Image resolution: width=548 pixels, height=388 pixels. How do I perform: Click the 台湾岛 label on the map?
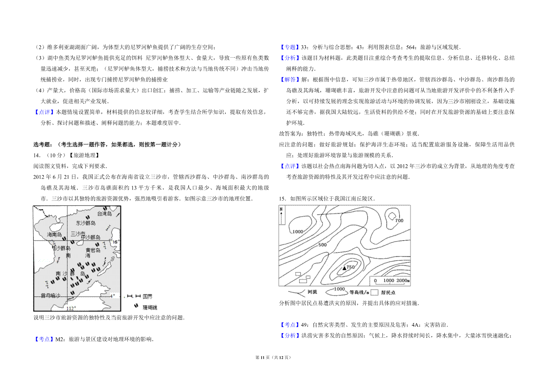[x=105, y=214]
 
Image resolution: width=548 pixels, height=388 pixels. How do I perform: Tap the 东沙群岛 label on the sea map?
[x=86, y=223]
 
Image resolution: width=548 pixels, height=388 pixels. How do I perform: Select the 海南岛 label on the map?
[x=54, y=235]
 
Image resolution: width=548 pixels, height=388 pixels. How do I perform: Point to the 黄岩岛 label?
[x=93, y=250]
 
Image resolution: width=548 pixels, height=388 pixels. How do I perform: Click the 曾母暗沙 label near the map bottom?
[x=50, y=296]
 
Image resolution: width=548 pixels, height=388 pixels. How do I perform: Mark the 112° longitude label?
[x=71, y=308]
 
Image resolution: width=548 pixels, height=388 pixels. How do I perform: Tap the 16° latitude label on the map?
[x=116, y=242]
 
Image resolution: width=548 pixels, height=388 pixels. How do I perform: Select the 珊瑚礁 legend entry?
[x=146, y=307]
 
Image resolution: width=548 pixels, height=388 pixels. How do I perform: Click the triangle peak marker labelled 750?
[x=344, y=268]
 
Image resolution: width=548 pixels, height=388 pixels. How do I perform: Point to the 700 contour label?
[x=399, y=221]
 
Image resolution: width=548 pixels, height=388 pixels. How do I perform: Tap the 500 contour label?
[x=322, y=245]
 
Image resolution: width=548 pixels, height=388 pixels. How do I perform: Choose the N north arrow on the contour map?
[x=282, y=216]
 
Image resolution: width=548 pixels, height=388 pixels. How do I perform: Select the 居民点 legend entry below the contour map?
[x=383, y=292]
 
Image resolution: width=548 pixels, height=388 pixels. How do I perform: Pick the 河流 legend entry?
[x=302, y=292]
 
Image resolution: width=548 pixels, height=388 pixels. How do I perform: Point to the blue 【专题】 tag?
[x=290, y=47]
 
